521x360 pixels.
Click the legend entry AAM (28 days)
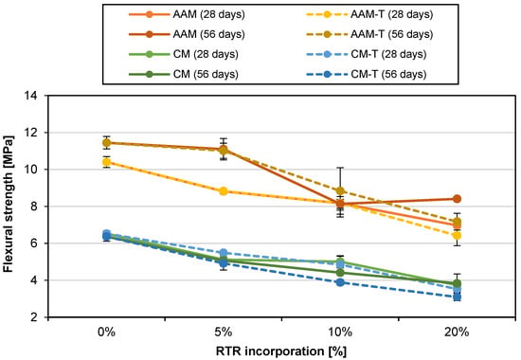(187, 14)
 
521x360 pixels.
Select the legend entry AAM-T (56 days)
(369, 34)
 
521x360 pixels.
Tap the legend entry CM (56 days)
(184, 74)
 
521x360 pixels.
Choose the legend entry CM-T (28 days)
(367, 54)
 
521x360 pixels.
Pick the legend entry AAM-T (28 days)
(369, 14)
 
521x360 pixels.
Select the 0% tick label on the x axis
(107, 332)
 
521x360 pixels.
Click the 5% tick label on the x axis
(224, 332)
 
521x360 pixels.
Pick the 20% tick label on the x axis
(457, 332)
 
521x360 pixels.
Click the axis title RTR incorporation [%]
(281, 351)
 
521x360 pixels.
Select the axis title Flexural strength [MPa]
(8, 204)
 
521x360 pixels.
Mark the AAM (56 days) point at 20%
(457, 199)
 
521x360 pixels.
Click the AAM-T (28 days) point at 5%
(224, 191)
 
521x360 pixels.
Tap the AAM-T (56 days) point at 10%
(340, 190)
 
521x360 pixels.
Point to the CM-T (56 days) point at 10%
(340, 282)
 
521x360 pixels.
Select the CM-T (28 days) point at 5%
(224, 253)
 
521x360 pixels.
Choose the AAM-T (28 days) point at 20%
(457, 236)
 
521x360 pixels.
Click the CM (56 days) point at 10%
(340, 273)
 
